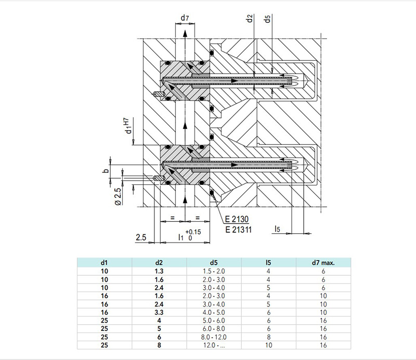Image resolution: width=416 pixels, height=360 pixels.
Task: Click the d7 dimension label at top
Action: pyautogui.click(x=185, y=18)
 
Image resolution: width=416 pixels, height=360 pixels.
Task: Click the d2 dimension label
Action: pyautogui.click(x=250, y=19)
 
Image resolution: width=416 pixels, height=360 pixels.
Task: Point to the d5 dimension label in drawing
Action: pyautogui.click(x=267, y=19)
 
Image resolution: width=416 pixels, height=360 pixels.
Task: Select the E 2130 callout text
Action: pyautogui.click(x=237, y=219)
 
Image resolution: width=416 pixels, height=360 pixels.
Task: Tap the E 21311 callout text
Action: pyautogui.click(x=238, y=230)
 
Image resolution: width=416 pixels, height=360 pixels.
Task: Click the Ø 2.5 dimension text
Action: pyautogui.click(x=119, y=196)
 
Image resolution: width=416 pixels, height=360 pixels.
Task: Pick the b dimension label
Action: pyautogui.click(x=106, y=171)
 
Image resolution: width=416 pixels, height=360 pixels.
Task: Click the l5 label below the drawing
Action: pyautogui.click(x=277, y=229)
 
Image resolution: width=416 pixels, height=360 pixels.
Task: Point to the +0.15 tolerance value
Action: pyautogui.click(x=193, y=232)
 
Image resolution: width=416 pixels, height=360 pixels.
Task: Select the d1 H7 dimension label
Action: pyautogui.click(x=128, y=126)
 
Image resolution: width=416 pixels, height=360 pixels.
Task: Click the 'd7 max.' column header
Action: pyautogui.click(x=323, y=263)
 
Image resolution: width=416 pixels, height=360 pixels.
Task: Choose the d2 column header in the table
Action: pyautogui.click(x=159, y=263)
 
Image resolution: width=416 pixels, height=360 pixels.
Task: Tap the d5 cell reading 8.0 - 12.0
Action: pyautogui.click(x=214, y=337)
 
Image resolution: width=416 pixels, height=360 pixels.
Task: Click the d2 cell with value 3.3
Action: pyautogui.click(x=159, y=312)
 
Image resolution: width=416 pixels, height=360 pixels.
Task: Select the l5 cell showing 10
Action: pyautogui.click(x=268, y=345)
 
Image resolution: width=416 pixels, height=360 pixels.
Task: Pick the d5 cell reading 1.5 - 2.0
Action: pyautogui.click(x=214, y=271)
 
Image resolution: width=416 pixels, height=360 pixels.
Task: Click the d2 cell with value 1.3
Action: pyautogui.click(x=159, y=271)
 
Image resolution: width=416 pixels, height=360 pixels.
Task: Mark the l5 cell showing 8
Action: pyautogui.click(x=268, y=337)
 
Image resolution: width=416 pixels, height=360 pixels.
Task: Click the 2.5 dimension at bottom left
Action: pyautogui.click(x=141, y=237)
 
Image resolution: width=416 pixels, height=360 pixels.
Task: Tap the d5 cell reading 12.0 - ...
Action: pyautogui.click(x=214, y=345)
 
